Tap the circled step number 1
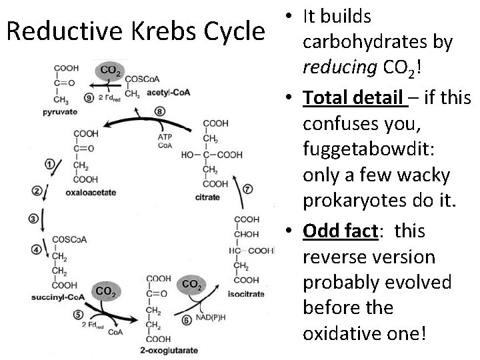click(49, 163)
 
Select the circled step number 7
click(248, 189)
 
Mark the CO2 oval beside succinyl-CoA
click(104, 291)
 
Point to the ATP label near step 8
click(165, 137)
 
